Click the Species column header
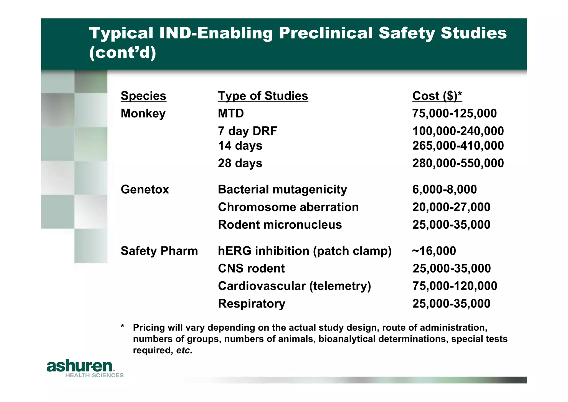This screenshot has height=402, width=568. click(143, 96)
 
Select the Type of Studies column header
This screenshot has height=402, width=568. click(263, 96)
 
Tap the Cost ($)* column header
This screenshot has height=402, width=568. click(437, 96)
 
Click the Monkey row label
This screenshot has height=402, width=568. click(143, 113)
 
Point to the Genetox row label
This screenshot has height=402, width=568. click(145, 189)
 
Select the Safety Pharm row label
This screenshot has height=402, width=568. click(159, 251)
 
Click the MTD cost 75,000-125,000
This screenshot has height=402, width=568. click(454, 113)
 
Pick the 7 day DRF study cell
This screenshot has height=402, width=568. click(247, 131)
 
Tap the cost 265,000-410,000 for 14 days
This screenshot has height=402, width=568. click(458, 146)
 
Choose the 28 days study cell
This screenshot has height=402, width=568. click(240, 163)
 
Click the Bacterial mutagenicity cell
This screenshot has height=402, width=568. click(282, 189)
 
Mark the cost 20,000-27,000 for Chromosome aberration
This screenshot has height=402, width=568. click(451, 207)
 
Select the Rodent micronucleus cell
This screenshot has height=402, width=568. click(280, 224)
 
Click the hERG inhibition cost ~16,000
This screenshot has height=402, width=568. click(434, 251)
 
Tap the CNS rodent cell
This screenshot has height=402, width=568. click(251, 268)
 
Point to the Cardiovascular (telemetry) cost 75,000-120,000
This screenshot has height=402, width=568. click(455, 286)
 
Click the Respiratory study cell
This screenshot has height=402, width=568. click(252, 303)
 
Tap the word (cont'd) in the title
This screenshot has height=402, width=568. click(123, 53)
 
